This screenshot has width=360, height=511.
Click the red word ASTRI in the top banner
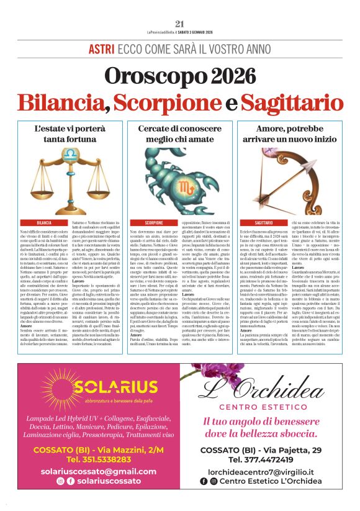(x=101, y=48)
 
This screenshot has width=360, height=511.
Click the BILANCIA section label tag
(x=44, y=222)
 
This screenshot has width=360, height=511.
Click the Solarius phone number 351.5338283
(x=99, y=459)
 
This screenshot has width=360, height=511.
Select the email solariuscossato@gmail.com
(x=99, y=471)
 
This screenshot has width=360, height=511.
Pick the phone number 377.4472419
(x=261, y=459)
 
